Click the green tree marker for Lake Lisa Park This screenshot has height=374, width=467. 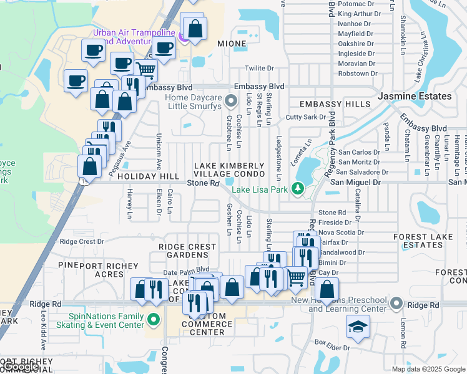pyautogui.click(x=298, y=187)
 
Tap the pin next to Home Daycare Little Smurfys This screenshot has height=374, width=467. pyautogui.click(x=232, y=100)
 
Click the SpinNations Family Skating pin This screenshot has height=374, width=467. pyautogui.click(x=154, y=321)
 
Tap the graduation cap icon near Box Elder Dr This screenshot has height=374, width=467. pyautogui.click(x=358, y=327)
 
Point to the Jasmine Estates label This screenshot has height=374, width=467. pyautogui.click(x=415, y=96)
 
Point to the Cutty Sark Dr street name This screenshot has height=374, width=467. pyautogui.click(x=305, y=117)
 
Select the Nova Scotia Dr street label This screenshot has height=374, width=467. pyautogui.click(x=341, y=233)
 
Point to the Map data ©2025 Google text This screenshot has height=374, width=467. pyautogui.click(x=428, y=369)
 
